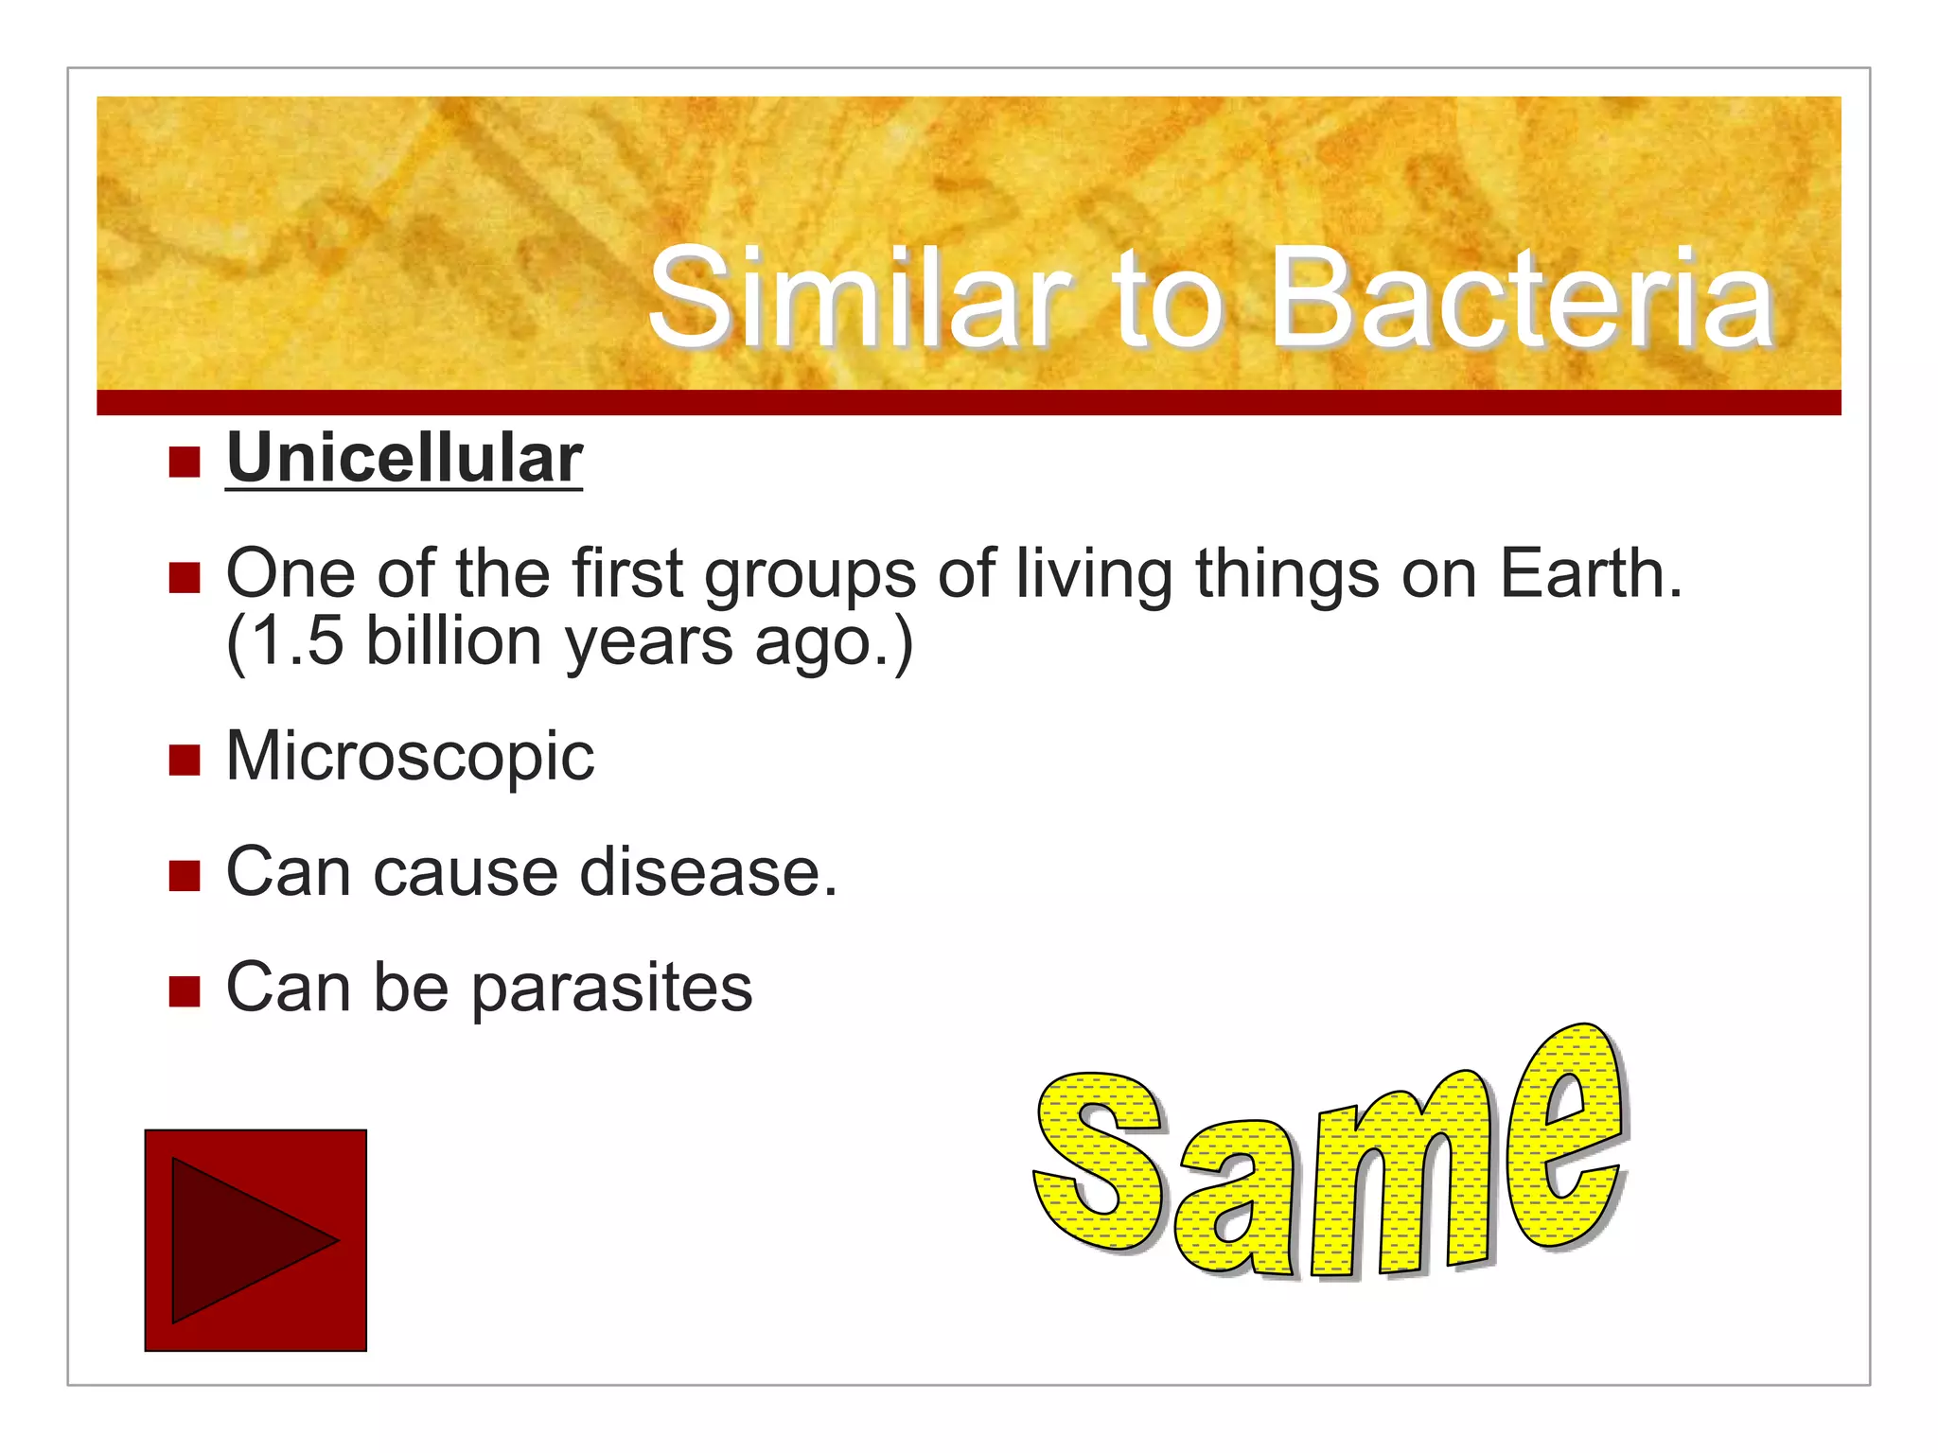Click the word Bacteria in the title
tap(1521, 298)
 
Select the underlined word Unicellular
tap(404, 460)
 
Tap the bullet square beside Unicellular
tap(185, 463)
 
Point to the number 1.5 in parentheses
tap(298, 642)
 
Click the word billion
tap(453, 642)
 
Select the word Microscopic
tap(410, 758)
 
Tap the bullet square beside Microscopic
tap(185, 759)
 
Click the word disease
tap(708, 871)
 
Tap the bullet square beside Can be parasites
tap(185, 991)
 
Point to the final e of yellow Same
tap(1566, 1135)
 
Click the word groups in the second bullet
tap(810, 575)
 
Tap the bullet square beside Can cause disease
tap(185, 875)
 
